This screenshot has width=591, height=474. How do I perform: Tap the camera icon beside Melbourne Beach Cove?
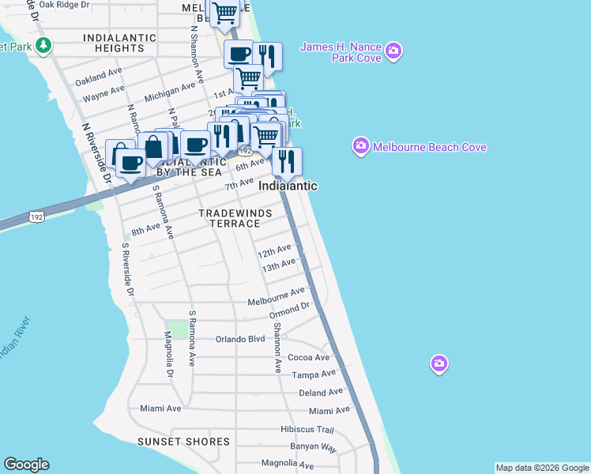pos(361,146)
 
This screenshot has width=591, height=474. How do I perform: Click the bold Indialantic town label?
pos(288,186)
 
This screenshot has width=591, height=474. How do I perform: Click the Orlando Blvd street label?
pos(240,340)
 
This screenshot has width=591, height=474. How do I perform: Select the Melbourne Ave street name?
pos(276,302)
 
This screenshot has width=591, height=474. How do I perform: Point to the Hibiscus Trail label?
pos(307,430)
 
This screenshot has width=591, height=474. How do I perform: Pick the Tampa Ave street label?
pos(314,374)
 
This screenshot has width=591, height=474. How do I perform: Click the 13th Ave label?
pos(278,265)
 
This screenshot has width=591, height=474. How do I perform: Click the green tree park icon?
pos(43,46)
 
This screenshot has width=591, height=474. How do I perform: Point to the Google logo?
pos(26,465)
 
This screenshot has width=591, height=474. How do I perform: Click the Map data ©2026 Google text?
pos(542,468)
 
